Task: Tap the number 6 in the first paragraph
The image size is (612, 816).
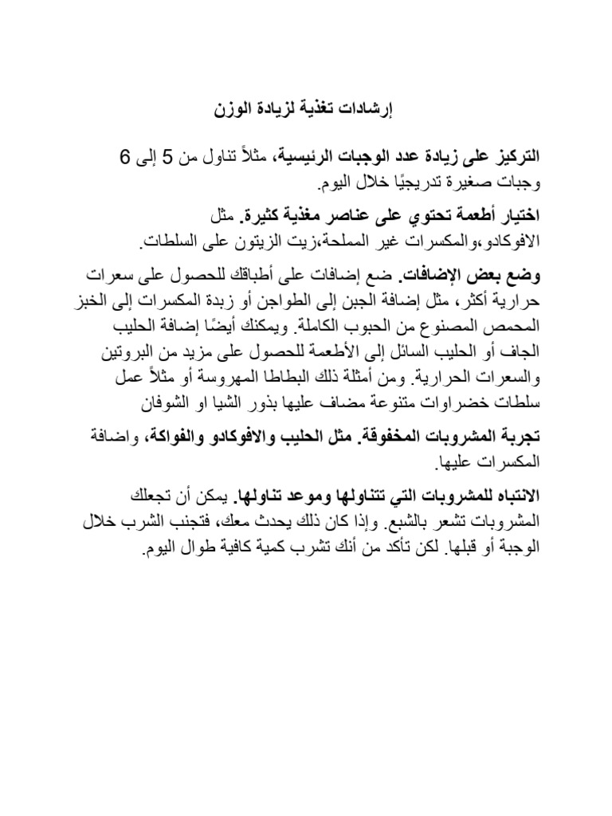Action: (124, 156)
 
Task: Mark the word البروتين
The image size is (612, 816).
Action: (126, 351)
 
